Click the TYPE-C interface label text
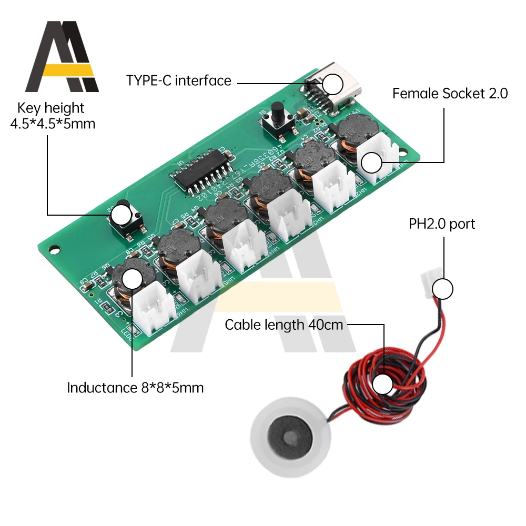point(178,80)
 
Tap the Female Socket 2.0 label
point(450,94)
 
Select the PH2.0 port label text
point(442,224)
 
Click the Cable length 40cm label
point(284,325)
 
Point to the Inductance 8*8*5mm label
point(135,388)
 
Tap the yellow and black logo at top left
point(62,57)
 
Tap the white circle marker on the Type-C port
point(332,84)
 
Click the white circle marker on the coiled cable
point(382,385)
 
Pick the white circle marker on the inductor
point(131,277)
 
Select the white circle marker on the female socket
point(371,163)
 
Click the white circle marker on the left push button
point(122,215)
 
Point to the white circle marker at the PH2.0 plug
point(443,289)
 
